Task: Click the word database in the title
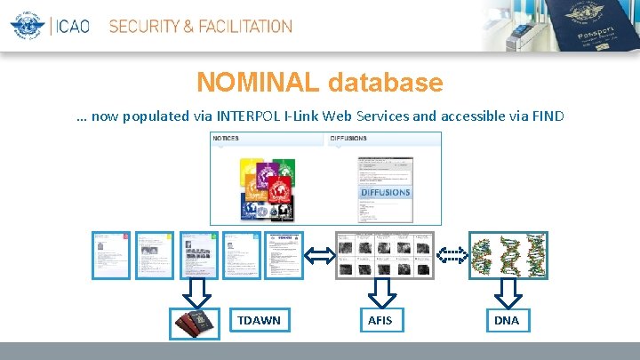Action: coord(385,83)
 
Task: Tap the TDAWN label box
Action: coord(259,320)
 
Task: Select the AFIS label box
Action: coord(385,320)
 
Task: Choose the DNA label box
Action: coord(507,320)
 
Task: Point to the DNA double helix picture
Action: coord(508,256)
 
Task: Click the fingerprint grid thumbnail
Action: coord(385,256)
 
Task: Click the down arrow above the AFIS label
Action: coord(385,291)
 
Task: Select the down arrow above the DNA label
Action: coord(508,291)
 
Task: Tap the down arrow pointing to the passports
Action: coord(198,291)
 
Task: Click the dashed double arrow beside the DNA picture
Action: coord(453,256)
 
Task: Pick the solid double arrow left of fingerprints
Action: coord(320,256)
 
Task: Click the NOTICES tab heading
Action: coord(227,139)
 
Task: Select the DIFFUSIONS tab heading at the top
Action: coord(349,139)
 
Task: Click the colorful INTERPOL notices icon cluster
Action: coord(268,188)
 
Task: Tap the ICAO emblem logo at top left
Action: coord(29,26)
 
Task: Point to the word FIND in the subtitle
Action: coord(547,116)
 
